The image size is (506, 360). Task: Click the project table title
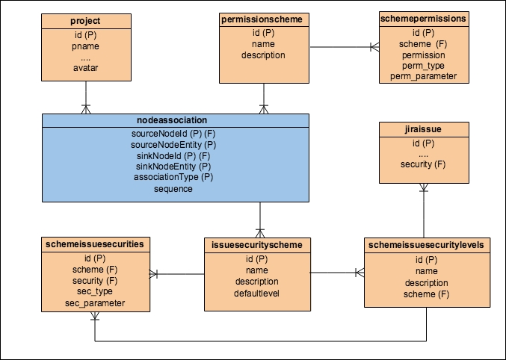pyautogui.click(x=86, y=20)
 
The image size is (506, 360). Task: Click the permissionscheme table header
pyautogui.click(x=263, y=19)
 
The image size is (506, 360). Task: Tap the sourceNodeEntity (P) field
pyautogui.click(x=173, y=144)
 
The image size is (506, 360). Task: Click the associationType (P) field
pyautogui.click(x=173, y=178)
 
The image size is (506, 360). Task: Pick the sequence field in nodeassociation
pyautogui.click(x=173, y=189)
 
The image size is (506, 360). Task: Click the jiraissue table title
pyautogui.click(x=423, y=130)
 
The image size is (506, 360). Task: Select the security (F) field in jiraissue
pyautogui.click(x=423, y=164)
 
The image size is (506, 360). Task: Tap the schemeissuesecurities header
pyautogui.click(x=94, y=243)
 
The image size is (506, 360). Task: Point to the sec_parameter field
pyautogui.click(x=94, y=302)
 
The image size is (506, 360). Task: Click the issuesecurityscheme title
pyautogui.click(x=257, y=244)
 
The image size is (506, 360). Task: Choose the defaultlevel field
pyautogui.click(x=257, y=293)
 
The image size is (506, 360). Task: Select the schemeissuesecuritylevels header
pyautogui.click(x=426, y=244)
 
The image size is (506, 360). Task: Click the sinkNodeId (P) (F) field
pyautogui.click(x=173, y=155)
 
